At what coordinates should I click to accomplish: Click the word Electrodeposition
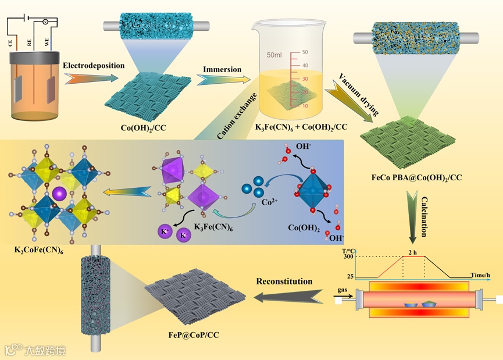[x=94, y=66]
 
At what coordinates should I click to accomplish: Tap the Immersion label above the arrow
[x=222, y=70]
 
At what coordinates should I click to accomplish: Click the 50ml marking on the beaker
[x=274, y=55]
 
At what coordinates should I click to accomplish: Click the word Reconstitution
[x=284, y=282]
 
